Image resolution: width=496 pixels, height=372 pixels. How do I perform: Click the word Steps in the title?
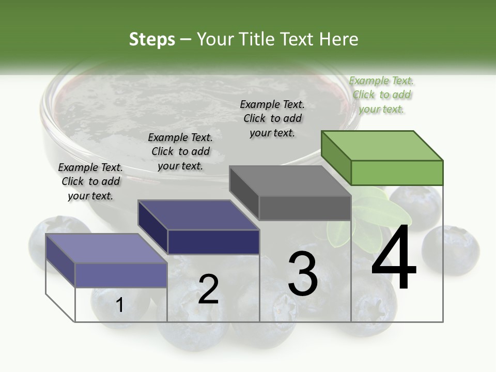point(152,39)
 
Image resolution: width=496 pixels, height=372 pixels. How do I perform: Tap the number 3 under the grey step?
point(303,273)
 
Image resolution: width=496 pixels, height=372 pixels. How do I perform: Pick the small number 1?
point(119,305)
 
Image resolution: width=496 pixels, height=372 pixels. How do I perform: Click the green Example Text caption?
point(381,95)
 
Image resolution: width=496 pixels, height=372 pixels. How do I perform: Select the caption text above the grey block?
point(272,118)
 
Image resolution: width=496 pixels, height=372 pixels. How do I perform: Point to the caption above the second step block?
point(180,151)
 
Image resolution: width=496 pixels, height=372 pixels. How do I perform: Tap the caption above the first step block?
point(90,181)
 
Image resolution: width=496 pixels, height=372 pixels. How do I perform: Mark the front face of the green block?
point(397,173)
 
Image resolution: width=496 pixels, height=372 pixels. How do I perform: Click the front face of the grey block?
point(305,208)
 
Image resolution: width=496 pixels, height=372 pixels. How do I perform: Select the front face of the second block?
point(213,242)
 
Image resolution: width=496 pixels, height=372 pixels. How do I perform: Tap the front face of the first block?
point(121,275)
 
